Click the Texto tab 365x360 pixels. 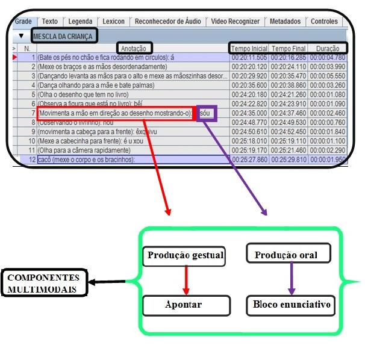(x=50, y=21)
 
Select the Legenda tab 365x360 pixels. (x=80, y=21)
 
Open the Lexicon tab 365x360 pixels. (x=114, y=21)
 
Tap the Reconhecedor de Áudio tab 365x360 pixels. (x=168, y=21)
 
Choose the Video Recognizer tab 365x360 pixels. (x=236, y=21)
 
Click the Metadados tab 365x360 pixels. (x=285, y=21)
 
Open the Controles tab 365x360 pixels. (x=324, y=21)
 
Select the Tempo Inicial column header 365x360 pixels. (x=249, y=48)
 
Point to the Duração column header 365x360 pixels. (x=328, y=48)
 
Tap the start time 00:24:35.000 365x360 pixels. (x=249, y=113)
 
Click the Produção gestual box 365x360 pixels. (x=185, y=256)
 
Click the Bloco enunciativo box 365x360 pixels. (x=292, y=305)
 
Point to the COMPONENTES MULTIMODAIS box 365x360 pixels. (x=43, y=283)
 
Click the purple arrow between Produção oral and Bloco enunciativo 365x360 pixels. (x=292, y=279)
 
